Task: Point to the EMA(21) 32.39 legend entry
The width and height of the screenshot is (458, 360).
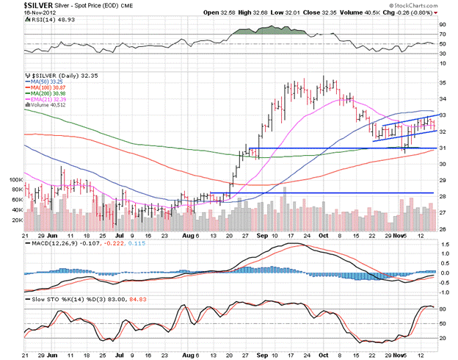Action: coord(51,100)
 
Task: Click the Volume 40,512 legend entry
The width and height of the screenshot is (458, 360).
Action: coord(51,106)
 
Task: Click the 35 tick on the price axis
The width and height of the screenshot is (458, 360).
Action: coord(443,82)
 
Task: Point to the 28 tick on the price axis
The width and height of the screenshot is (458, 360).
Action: coord(443,196)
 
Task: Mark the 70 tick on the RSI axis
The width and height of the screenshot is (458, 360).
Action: coord(443,34)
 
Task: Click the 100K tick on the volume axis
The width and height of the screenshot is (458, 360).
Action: coord(16,179)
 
